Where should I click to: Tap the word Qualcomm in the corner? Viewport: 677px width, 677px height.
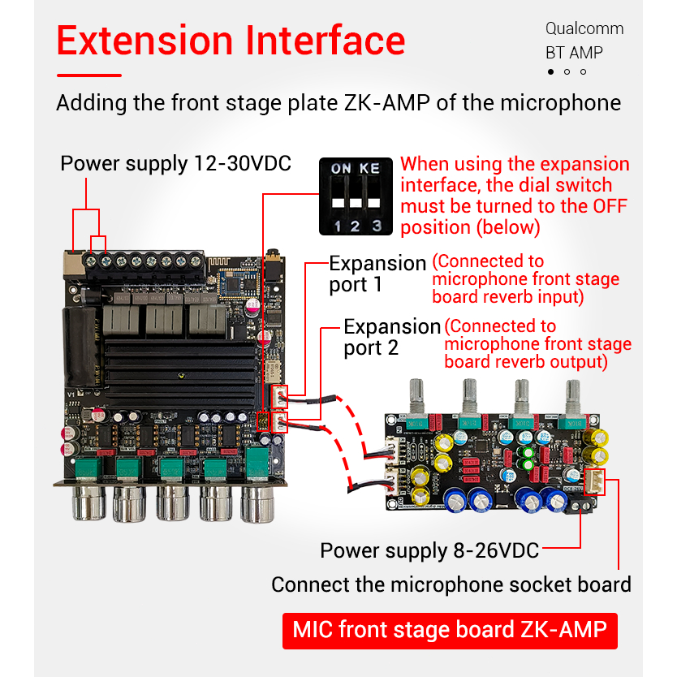(x=584, y=28)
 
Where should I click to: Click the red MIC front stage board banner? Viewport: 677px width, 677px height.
(x=449, y=629)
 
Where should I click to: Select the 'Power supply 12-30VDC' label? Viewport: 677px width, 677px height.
(x=175, y=163)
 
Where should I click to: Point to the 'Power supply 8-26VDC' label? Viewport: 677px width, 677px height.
(x=429, y=550)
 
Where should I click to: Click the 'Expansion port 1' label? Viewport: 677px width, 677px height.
(x=377, y=274)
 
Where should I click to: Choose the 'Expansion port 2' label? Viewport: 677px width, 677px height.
(x=391, y=337)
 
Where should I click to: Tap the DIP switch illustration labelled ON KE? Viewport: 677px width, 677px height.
(x=356, y=195)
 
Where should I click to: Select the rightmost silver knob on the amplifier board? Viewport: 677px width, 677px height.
(x=259, y=502)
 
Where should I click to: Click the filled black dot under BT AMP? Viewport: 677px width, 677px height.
(x=550, y=72)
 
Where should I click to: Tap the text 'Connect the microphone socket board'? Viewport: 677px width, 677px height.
(x=451, y=584)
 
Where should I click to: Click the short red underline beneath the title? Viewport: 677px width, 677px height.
(x=89, y=75)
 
